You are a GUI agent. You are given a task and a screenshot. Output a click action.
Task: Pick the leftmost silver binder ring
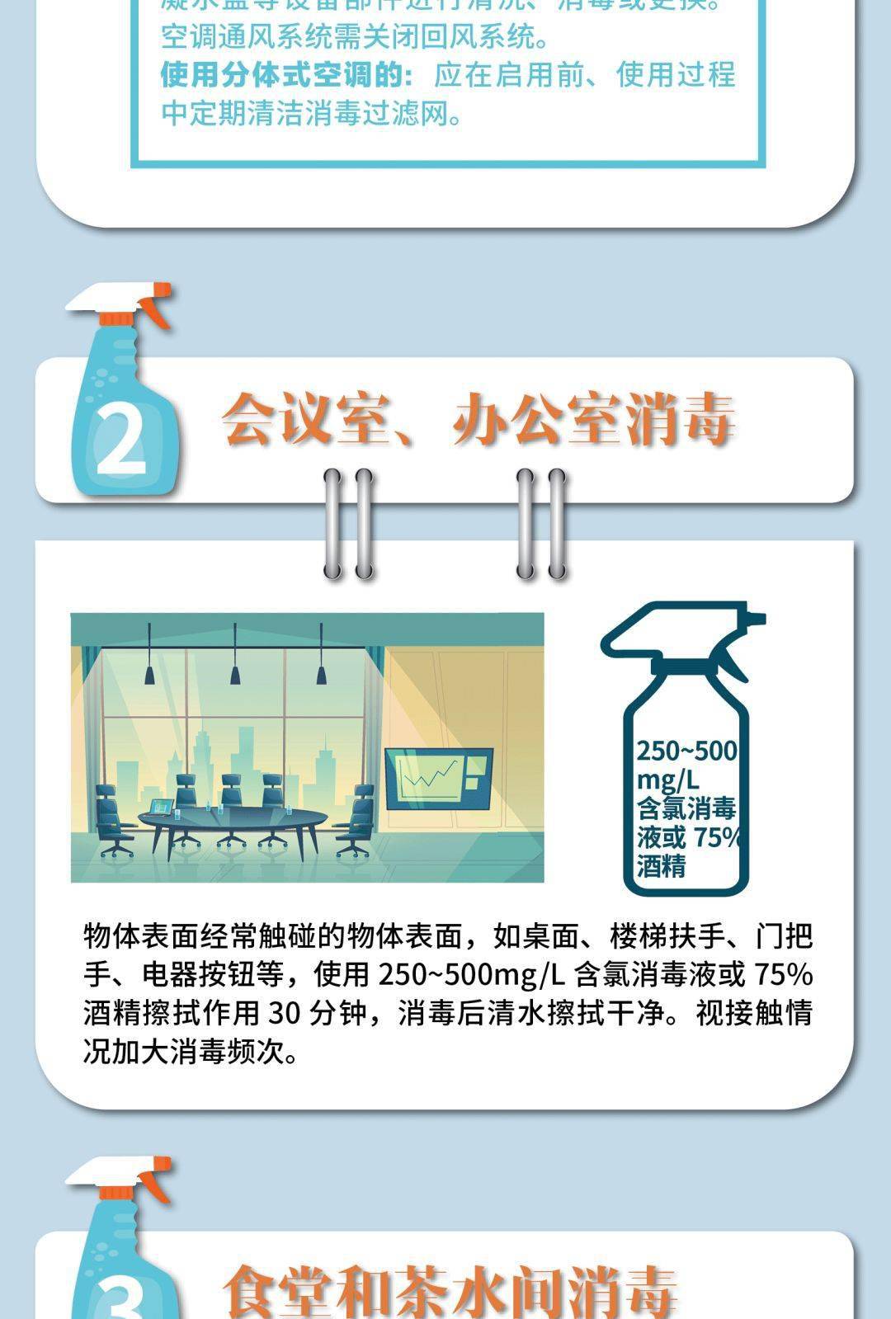pos(334,523)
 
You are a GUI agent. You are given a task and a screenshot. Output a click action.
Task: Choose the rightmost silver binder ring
pos(558,523)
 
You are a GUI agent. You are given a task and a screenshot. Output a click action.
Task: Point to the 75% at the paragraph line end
pos(783,975)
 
